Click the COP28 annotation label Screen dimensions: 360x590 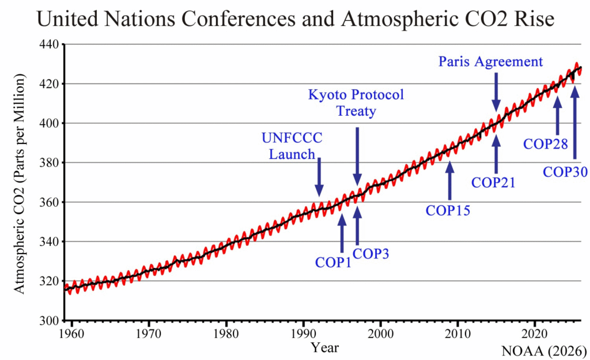click(546, 143)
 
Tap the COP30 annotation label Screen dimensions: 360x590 click(566, 171)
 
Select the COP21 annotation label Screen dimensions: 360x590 click(493, 183)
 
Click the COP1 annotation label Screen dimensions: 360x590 click(333, 263)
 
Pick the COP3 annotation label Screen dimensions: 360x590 click(370, 253)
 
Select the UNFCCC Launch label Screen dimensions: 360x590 click(292, 146)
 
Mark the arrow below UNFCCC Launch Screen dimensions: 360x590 click(319, 178)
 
